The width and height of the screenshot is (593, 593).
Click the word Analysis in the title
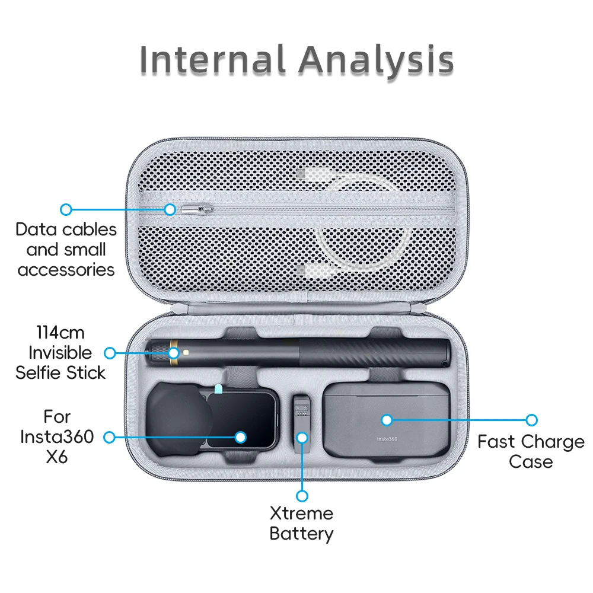tap(377, 60)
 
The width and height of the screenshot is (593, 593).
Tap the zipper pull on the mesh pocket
tap(197, 209)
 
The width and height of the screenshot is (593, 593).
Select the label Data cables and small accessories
tap(66, 250)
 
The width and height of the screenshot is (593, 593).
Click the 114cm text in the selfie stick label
tap(60, 333)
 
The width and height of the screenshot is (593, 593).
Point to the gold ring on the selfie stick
tap(173, 352)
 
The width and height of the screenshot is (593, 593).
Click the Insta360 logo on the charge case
tap(387, 439)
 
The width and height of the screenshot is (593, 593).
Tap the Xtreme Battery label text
tap(301, 524)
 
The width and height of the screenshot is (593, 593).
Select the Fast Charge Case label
tap(531, 451)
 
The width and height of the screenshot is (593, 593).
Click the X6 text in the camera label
tap(57, 457)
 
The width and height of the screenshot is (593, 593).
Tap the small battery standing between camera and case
tap(301, 424)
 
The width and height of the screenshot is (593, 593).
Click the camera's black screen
tap(242, 420)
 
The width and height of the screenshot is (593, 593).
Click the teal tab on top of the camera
tap(218, 389)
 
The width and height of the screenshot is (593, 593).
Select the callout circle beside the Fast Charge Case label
tap(532, 420)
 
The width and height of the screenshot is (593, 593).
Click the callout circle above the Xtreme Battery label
tap(302, 496)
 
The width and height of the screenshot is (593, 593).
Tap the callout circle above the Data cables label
tap(66, 209)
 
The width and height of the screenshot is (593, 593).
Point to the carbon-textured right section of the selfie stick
tap(374, 352)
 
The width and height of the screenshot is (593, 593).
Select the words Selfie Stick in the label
tap(60, 373)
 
